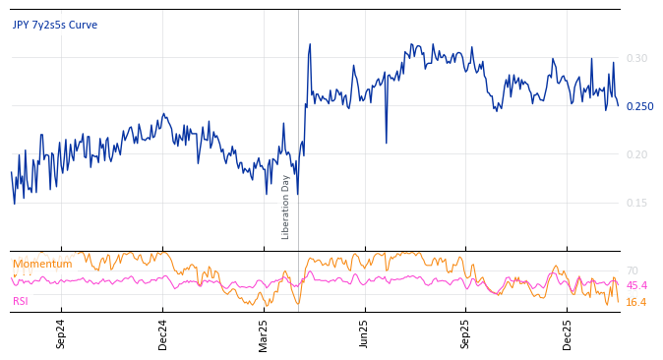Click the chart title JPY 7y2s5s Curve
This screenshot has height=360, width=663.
coord(55,26)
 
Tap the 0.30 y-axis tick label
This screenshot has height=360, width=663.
coord(636,59)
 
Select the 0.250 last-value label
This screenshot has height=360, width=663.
coord(639,106)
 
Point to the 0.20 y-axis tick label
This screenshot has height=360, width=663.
coord(636,154)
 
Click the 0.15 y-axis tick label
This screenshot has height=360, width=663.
coord(636,203)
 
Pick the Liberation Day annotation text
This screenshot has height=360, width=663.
coord(286,207)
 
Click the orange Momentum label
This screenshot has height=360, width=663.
coord(42,264)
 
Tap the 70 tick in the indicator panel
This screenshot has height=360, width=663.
coord(632,270)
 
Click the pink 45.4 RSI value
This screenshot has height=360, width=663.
coord(636,285)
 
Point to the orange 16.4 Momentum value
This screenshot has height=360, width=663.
coord(636,302)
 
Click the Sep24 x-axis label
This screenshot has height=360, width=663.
coord(61,334)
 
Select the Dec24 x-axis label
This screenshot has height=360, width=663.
coord(163,334)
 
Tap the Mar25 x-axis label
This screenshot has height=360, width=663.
coord(264,334)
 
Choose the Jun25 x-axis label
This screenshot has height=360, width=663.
coord(365,334)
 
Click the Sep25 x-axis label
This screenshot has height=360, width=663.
coord(466,334)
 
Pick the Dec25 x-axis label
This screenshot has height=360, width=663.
coord(568,334)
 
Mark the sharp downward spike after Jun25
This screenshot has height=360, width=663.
coord(386,143)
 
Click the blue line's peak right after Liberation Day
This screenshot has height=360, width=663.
coord(310,44)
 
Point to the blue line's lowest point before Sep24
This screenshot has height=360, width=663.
coord(15,203)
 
